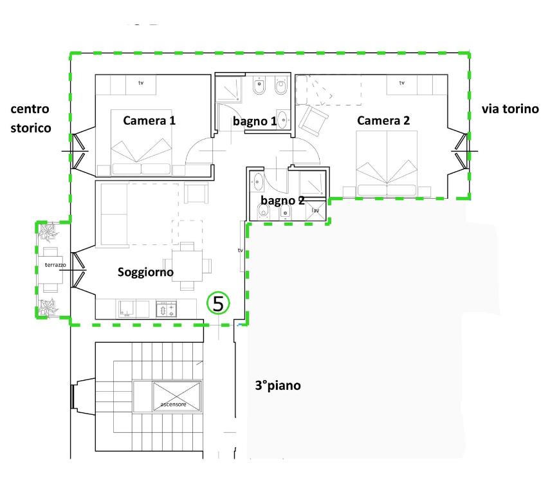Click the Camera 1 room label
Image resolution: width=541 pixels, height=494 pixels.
149,120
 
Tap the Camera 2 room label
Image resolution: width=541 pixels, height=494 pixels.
383,120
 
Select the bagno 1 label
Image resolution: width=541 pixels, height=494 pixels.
255,121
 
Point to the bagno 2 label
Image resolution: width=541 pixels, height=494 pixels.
282,200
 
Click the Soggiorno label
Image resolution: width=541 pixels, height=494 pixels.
145,272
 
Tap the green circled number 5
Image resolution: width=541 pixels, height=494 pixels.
218,303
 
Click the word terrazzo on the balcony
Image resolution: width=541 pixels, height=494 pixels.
55,265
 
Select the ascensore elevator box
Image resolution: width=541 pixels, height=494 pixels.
176,396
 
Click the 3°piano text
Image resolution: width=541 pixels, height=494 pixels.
278,385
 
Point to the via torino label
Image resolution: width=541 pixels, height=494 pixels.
510,109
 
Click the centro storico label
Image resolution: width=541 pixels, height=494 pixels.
31,118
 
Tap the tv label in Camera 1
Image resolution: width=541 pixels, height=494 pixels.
141,83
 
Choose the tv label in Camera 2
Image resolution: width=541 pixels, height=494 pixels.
401,83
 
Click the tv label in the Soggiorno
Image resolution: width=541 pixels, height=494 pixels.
241,250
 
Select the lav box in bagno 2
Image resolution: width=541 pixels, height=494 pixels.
315,210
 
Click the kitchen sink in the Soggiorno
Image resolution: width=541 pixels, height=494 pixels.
127,309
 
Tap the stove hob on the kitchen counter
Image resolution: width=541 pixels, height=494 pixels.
167,309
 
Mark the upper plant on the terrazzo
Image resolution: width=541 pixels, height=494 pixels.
47,231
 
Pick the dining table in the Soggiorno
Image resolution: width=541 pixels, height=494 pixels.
187,266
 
